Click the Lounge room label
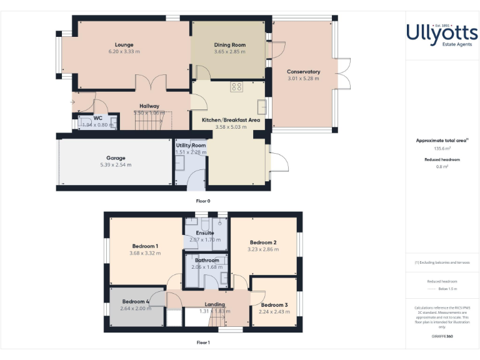[x=124, y=44]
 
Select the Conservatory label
[x=303, y=72]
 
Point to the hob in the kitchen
[x=236, y=87]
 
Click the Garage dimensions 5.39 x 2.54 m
[x=116, y=165]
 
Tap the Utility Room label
[x=191, y=145]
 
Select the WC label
[x=98, y=117]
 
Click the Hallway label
[x=149, y=106]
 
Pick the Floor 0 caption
[x=204, y=201]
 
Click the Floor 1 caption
[x=203, y=342]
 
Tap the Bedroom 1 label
[x=145, y=246]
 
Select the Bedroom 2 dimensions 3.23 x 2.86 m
[x=263, y=249]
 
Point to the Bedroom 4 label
[x=136, y=301]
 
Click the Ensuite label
[x=205, y=233]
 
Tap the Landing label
[x=215, y=304]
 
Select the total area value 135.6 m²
[x=442, y=149]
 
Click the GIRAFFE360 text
[x=442, y=337]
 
